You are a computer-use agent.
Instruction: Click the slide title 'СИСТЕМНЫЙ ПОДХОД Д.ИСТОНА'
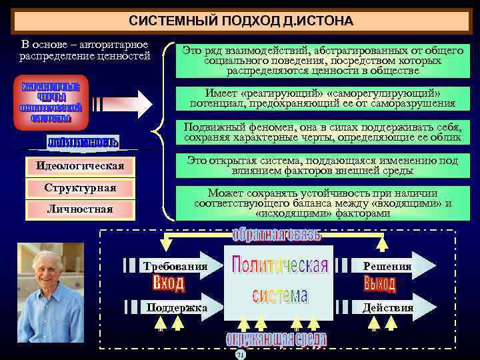pyautogui.click(x=241, y=21)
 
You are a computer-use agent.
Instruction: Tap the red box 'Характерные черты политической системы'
pyautogui.click(x=51, y=103)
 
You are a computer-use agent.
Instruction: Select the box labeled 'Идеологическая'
pyautogui.click(x=80, y=165)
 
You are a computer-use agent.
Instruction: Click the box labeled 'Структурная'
pyautogui.click(x=80, y=188)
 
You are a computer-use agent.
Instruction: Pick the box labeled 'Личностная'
pyautogui.click(x=80, y=209)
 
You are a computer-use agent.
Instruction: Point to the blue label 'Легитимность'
pyautogui.click(x=83, y=142)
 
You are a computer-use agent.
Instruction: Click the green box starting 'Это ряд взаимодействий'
pyautogui.click(x=323, y=60)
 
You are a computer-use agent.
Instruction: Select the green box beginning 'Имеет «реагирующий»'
pyautogui.click(x=323, y=98)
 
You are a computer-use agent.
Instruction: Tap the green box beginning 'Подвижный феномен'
pyautogui.click(x=323, y=132)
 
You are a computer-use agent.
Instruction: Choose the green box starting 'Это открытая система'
pyautogui.click(x=323, y=166)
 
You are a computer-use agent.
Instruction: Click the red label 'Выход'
pyautogui.click(x=380, y=285)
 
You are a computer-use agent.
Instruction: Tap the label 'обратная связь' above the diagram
pyautogui.click(x=276, y=235)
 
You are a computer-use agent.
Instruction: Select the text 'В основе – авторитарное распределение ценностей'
pyautogui.click(x=84, y=50)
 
